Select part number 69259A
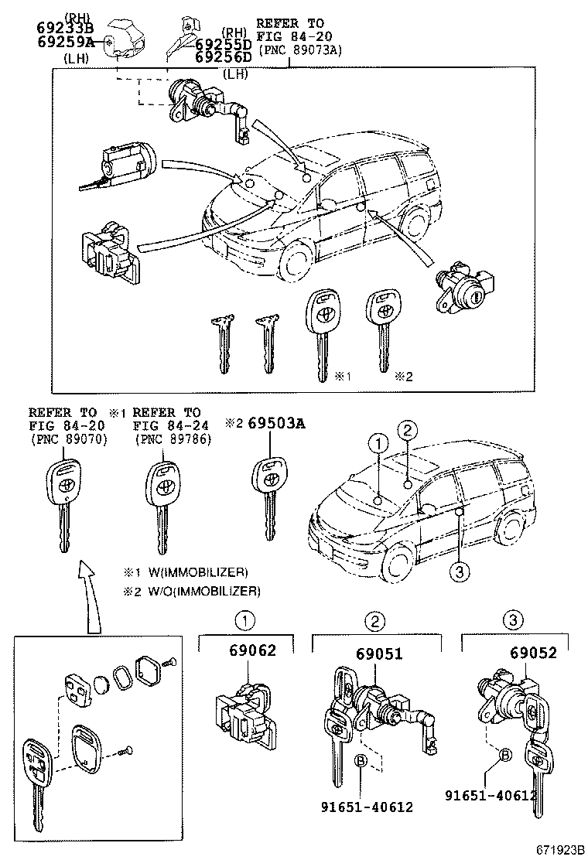pyautogui.click(x=65, y=42)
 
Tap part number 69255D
pyautogui.click(x=223, y=44)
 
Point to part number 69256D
pyautogui.click(x=223, y=57)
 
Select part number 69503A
pyautogui.click(x=276, y=423)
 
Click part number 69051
pyautogui.click(x=379, y=653)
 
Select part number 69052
pyautogui.click(x=533, y=653)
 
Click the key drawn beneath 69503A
pyautogui.click(x=270, y=495)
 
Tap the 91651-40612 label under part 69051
pyautogui.click(x=366, y=807)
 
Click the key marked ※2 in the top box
pyautogui.click(x=383, y=329)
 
